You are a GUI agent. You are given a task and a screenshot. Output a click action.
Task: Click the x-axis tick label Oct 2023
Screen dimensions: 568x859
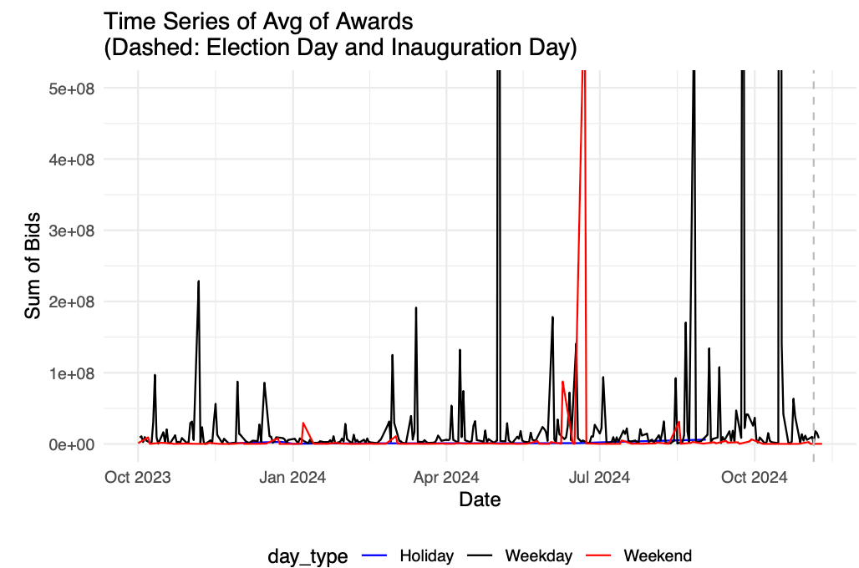(137, 477)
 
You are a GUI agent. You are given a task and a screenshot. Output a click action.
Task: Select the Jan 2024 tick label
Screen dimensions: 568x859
(292, 477)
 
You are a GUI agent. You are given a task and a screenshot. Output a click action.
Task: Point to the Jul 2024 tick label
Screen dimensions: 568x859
(599, 477)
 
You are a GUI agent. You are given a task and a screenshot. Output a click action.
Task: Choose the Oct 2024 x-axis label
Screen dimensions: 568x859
(754, 477)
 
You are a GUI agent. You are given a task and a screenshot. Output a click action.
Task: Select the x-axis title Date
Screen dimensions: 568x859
(480, 500)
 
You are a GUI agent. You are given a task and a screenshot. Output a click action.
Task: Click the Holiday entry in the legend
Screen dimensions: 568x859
(426, 555)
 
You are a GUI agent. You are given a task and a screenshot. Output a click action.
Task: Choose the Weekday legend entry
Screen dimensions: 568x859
(538, 555)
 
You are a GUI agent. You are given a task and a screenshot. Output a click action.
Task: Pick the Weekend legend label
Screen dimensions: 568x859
(658, 555)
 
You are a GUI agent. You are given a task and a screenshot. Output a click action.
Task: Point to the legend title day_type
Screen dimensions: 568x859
(308, 556)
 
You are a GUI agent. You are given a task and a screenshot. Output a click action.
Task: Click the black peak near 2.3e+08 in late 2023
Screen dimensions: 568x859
(198, 281)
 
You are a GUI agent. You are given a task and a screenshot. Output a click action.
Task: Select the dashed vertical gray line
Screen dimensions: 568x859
(814, 251)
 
